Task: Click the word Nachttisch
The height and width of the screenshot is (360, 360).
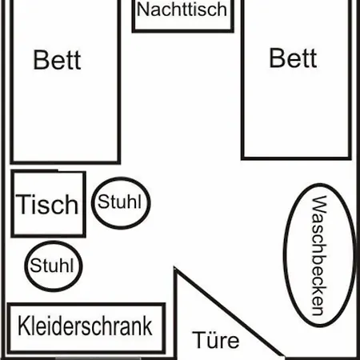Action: point(182,10)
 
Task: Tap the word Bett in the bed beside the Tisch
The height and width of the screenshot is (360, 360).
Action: point(57,60)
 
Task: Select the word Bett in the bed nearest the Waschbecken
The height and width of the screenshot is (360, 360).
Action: point(293,58)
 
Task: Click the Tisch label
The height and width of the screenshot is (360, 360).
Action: point(47,204)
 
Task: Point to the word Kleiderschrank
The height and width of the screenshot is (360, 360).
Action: point(85,326)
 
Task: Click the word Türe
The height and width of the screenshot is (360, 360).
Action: point(216,339)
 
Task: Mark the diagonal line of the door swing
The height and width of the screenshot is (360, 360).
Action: point(229,312)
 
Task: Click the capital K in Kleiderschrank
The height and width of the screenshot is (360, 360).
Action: point(23,326)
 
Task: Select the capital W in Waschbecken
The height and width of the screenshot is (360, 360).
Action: point(319,205)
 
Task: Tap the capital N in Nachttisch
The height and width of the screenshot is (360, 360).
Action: point(142,10)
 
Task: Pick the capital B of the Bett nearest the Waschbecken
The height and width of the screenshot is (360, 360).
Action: point(277,58)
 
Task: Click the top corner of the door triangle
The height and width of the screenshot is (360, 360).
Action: point(174,267)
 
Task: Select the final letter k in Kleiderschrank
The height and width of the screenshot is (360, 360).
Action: point(147,326)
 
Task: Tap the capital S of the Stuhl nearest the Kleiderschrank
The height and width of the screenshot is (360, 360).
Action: point(34,266)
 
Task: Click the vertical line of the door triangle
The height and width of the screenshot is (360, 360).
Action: point(175,313)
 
